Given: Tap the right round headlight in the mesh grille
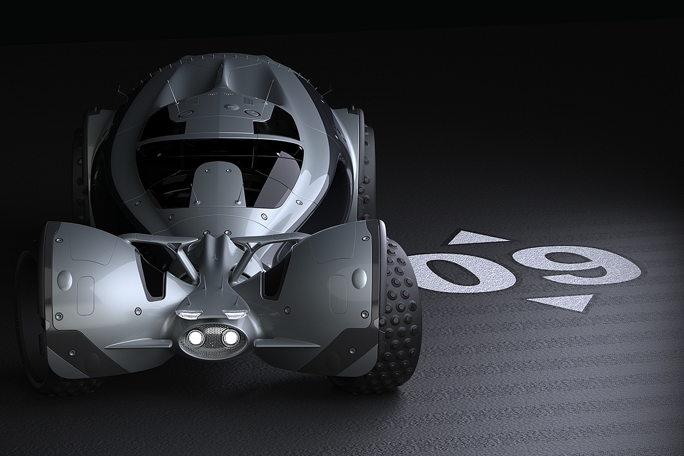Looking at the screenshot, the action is click(x=229, y=337).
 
